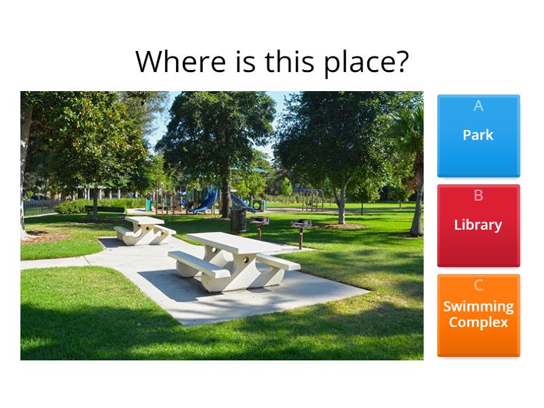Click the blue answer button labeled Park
478,136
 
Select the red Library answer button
478,226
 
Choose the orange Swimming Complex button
478,316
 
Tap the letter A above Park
478,106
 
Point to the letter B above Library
478,196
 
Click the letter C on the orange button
478,286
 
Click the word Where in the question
178,62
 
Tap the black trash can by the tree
238,219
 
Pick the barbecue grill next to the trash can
260,222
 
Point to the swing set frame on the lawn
312,198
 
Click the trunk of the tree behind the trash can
224,197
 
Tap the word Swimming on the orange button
478,307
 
